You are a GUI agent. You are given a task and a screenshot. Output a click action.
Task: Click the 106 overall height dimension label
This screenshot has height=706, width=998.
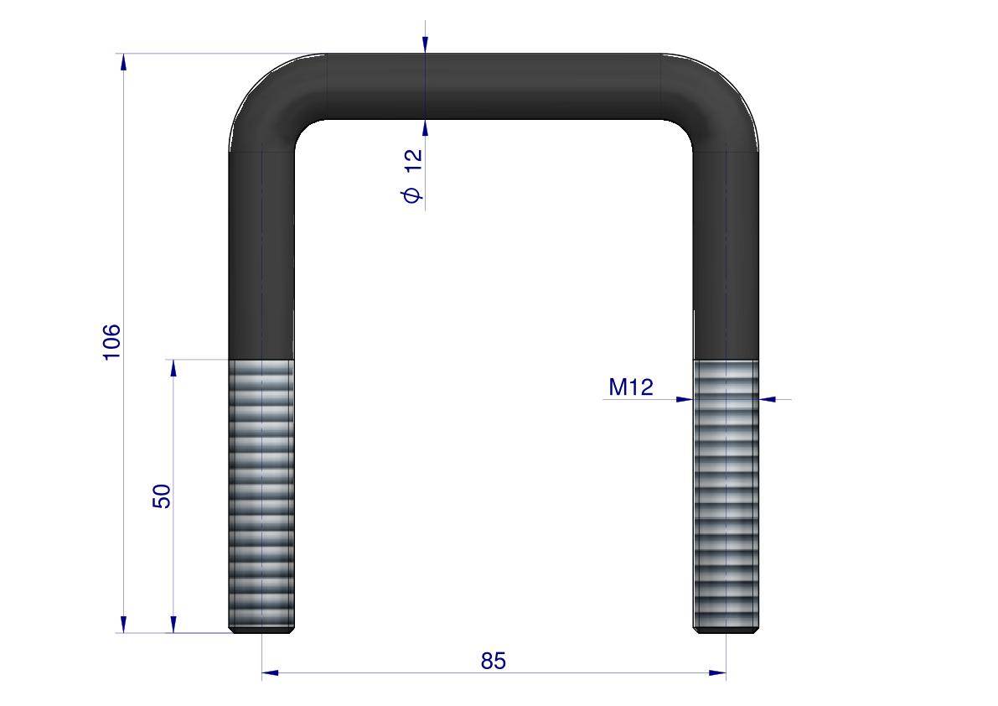[111, 342]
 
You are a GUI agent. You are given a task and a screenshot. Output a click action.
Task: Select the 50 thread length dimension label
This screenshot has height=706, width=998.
[162, 496]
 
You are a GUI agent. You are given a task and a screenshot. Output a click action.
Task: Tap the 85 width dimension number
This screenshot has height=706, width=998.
[494, 661]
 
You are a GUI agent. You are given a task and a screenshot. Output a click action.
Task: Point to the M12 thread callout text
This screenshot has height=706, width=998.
[631, 387]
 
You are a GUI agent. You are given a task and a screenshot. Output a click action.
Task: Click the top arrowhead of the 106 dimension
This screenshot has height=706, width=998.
[123, 62]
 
